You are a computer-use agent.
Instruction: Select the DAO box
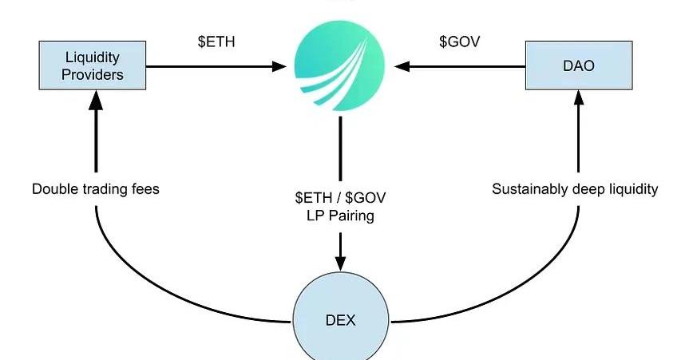coord(578,65)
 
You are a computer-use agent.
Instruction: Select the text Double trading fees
coord(96,189)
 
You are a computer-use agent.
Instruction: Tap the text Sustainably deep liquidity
coord(575,189)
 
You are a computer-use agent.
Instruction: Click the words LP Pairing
coord(341,216)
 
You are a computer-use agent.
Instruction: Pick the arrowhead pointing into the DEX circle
coord(341,263)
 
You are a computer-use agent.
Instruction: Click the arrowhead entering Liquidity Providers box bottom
coord(96,99)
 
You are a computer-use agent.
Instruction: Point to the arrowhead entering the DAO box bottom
coord(578,99)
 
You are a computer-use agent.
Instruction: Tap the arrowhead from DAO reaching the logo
coord(403,66)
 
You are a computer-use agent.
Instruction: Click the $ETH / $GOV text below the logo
coord(341,197)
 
